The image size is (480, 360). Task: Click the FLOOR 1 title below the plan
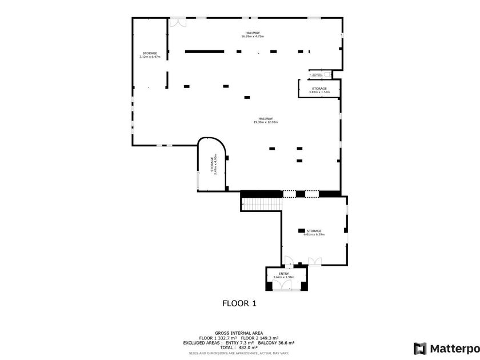click(x=239, y=303)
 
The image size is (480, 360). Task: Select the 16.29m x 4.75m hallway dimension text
click(x=252, y=37)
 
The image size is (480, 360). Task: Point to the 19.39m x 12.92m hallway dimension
click(x=265, y=122)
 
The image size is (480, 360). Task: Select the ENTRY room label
click(x=284, y=274)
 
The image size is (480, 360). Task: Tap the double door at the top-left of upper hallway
click(x=177, y=23)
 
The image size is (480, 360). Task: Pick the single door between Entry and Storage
click(x=289, y=263)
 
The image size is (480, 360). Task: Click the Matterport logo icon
click(x=420, y=349)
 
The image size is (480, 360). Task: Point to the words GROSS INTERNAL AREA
click(x=239, y=333)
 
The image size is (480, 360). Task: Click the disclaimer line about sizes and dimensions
click(x=239, y=353)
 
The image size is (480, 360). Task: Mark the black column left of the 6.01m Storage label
click(x=301, y=231)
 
